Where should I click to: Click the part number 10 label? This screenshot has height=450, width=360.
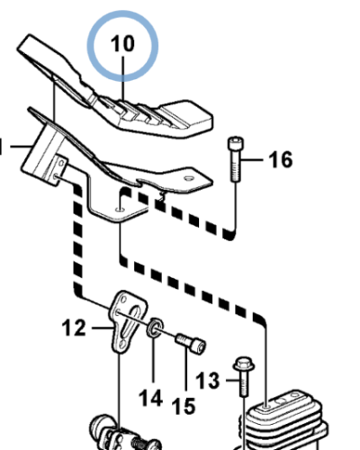click(x=122, y=44)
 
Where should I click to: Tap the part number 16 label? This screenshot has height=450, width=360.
click(x=281, y=159)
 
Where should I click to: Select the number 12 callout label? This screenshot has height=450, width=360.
click(x=74, y=328)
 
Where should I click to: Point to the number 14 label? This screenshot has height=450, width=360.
click(x=150, y=399)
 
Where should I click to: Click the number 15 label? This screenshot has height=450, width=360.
click(x=184, y=406)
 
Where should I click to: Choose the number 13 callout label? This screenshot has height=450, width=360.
click(x=208, y=381)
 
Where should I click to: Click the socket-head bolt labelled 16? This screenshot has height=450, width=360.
click(x=236, y=159)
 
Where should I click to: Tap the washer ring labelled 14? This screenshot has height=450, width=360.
click(x=155, y=328)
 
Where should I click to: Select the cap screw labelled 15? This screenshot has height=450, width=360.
click(x=191, y=344)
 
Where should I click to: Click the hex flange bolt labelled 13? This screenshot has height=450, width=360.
click(x=244, y=376)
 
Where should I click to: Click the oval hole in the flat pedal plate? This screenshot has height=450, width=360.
click(x=189, y=178)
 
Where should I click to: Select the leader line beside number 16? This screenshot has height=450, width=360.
click(x=253, y=160)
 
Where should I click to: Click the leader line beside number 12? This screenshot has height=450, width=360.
click(x=103, y=328)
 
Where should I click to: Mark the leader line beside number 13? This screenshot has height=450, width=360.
click(x=233, y=381)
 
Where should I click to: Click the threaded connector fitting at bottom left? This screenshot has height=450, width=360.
click(x=124, y=434)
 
